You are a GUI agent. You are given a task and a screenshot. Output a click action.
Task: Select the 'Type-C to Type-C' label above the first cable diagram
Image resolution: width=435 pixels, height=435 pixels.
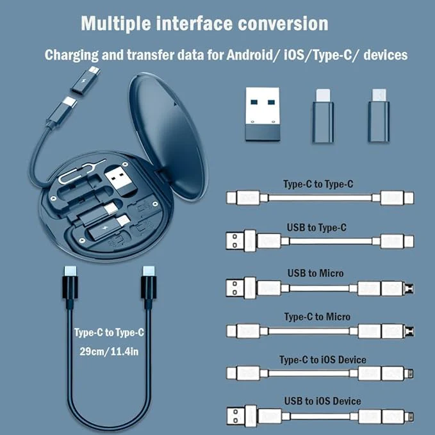(318, 185)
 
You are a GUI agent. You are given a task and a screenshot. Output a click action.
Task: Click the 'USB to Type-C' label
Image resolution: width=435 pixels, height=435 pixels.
(317, 228)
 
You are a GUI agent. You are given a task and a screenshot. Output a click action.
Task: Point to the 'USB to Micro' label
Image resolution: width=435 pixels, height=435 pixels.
(313, 273)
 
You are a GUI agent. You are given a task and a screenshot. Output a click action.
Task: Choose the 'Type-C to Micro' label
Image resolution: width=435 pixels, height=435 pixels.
(317, 316)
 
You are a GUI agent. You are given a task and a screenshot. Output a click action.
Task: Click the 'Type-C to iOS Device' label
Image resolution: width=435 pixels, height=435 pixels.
(323, 359)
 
